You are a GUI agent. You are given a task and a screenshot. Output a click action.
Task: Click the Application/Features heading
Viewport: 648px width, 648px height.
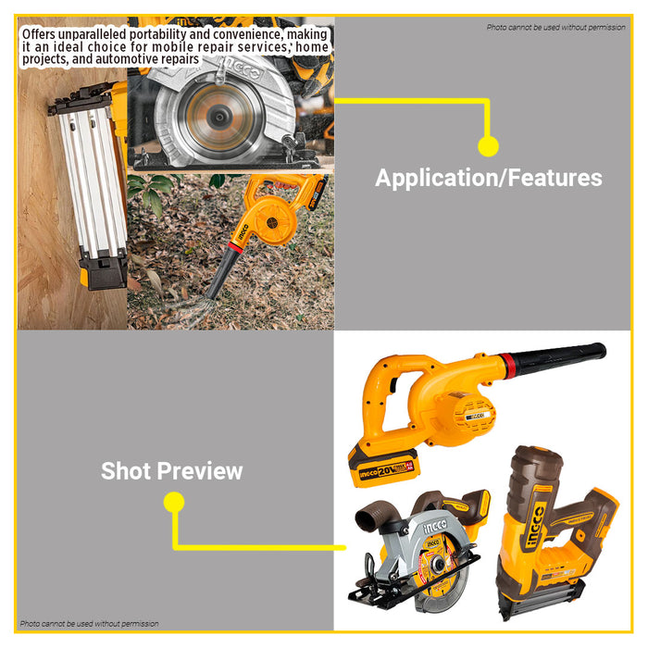click(x=488, y=178)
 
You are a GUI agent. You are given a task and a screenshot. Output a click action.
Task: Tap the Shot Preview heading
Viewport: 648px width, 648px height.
click(x=172, y=470)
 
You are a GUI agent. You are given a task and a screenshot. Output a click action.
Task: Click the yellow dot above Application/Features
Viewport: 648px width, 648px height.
click(x=488, y=145)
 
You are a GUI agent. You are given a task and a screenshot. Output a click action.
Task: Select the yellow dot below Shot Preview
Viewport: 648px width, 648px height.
click(x=173, y=503)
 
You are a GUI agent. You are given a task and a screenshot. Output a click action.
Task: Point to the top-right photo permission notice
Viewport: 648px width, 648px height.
click(x=555, y=28)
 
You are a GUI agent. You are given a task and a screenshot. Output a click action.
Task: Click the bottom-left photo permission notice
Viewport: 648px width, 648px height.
click(x=89, y=624)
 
